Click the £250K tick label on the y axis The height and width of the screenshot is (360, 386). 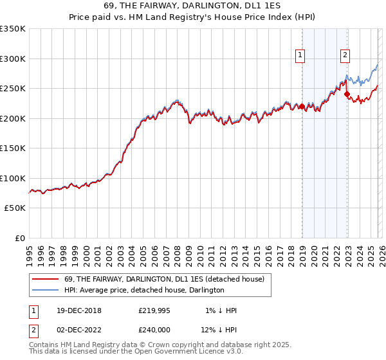click(13, 89)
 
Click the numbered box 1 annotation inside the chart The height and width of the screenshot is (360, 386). click(300, 56)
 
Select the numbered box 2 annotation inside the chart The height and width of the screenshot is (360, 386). click(345, 56)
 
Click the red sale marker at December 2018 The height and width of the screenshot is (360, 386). click(302, 107)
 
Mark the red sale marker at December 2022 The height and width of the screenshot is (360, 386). click(347, 94)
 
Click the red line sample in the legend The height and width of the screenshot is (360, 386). click(46, 279)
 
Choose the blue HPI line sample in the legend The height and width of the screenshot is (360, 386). click(46, 291)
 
